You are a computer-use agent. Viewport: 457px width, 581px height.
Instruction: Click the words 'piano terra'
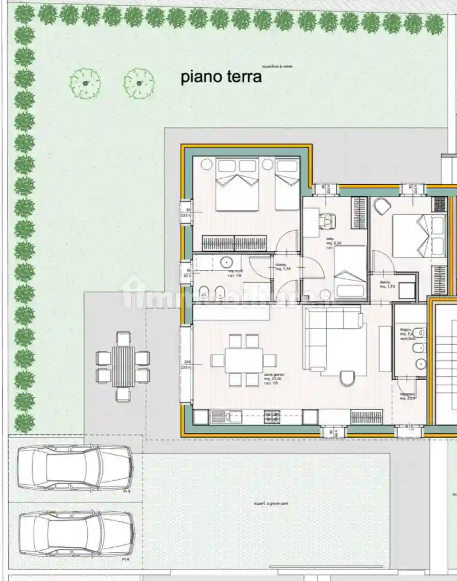click(x=221, y=77)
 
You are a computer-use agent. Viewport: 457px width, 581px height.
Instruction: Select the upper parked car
click(x=75, y=468)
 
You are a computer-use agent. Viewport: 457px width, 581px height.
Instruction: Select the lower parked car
click(x=76, y=533)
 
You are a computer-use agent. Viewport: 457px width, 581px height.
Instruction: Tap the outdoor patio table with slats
click(x=123, y=366)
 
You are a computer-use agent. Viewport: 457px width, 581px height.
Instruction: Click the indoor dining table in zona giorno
click(x=244, y=361)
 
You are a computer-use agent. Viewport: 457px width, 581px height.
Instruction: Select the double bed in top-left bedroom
click(x=237, y=185)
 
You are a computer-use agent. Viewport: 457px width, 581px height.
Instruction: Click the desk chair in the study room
click(x=330, y=221)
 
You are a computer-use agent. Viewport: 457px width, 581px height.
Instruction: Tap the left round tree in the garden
click(x=85, y=83)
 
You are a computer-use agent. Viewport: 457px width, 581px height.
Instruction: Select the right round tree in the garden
click(x=138, y=83)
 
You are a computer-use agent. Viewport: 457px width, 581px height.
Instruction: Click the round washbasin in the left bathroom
click(x=227, y=262)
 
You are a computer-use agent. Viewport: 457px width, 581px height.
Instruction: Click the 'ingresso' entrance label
click(x=408, y=395)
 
